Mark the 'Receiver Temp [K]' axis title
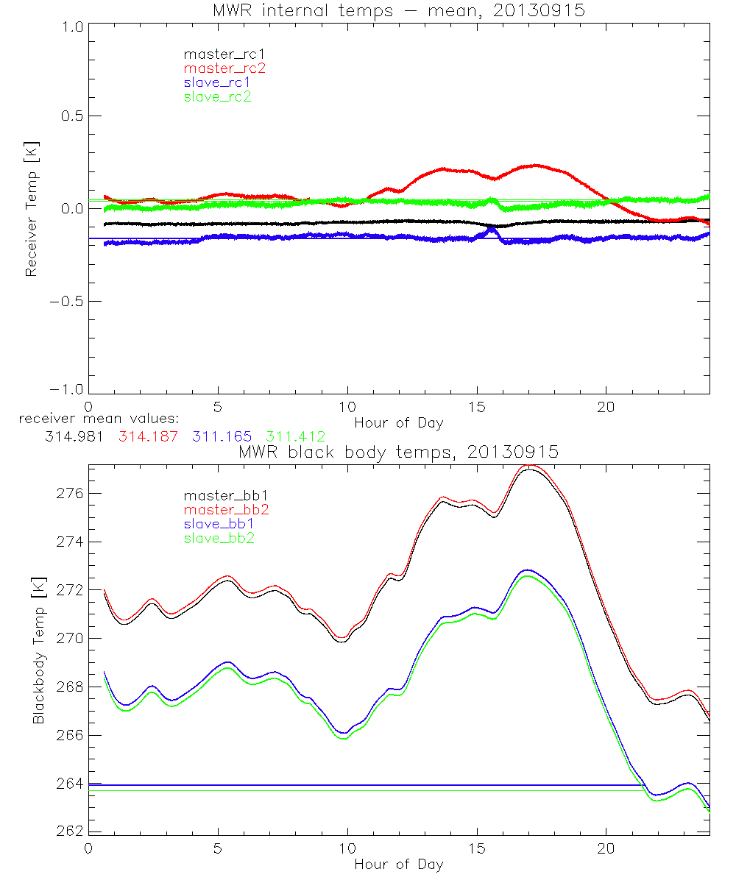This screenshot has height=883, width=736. tap(31, 209)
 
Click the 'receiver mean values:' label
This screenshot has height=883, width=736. tap(93, 419)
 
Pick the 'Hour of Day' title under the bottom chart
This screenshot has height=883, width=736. tap(398, 864)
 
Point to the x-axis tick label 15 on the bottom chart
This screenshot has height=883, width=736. tap(476, 848)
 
